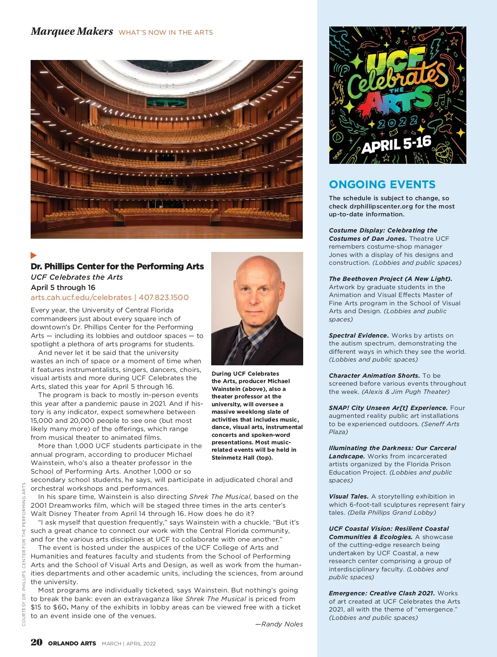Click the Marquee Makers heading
coord(72,31)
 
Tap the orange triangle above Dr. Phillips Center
coord(34,255)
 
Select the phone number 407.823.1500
coord(164,297)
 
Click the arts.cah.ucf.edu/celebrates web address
coord(81,297)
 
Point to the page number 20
coord(36,642)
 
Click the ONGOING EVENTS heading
coord(382,185)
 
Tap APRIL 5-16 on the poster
coord(396,144)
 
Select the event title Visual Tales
coord(348,496)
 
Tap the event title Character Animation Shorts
coord(374,376)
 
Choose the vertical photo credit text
coord(24,554)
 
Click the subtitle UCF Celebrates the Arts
coord(77,277)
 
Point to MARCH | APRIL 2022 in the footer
coord(129,643)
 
